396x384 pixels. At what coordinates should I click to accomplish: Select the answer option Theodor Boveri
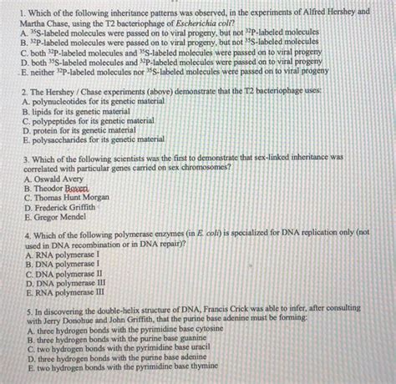pyautogui.click(x=59, y=189)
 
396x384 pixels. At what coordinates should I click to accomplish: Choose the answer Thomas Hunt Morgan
pyautogui.click(x=72, y=199)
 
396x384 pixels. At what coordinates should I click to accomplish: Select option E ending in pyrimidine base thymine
pyautogui.click(x=121, y=367)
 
